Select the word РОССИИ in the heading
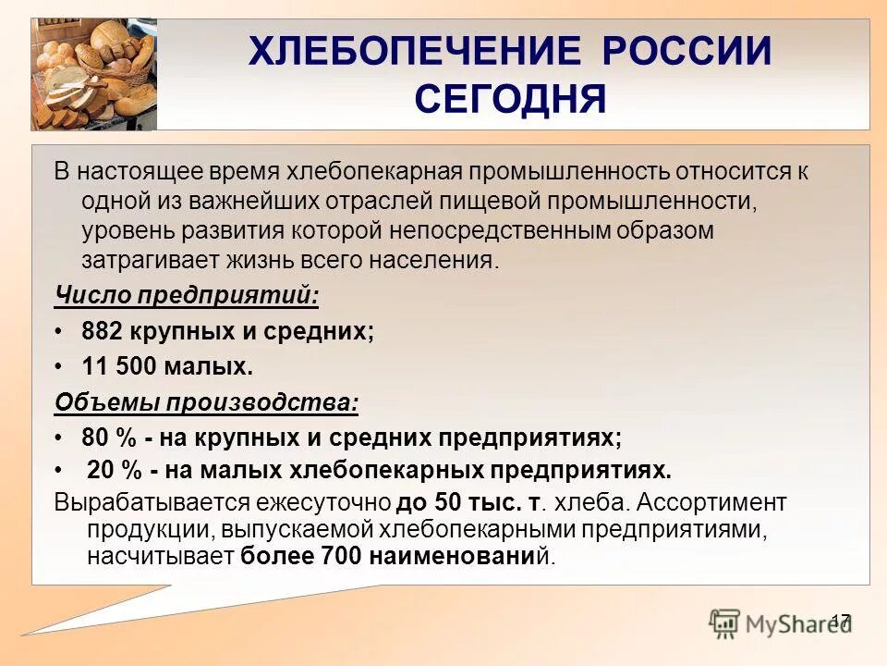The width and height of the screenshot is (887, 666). click(687, 52)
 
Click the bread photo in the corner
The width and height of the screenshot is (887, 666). click(93, 74)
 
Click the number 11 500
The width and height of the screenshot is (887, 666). click(120, 366)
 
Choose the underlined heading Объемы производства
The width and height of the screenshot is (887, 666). click(205, 402)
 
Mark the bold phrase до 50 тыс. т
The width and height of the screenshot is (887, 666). click(468, 503)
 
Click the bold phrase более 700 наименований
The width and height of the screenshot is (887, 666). click(388, 557)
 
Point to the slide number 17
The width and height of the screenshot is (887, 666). click(840, 621)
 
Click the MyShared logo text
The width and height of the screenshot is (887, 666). click(786, 624)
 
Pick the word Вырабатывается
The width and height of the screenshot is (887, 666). click(139, 503)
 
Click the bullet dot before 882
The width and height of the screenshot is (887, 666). click(58, 332)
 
